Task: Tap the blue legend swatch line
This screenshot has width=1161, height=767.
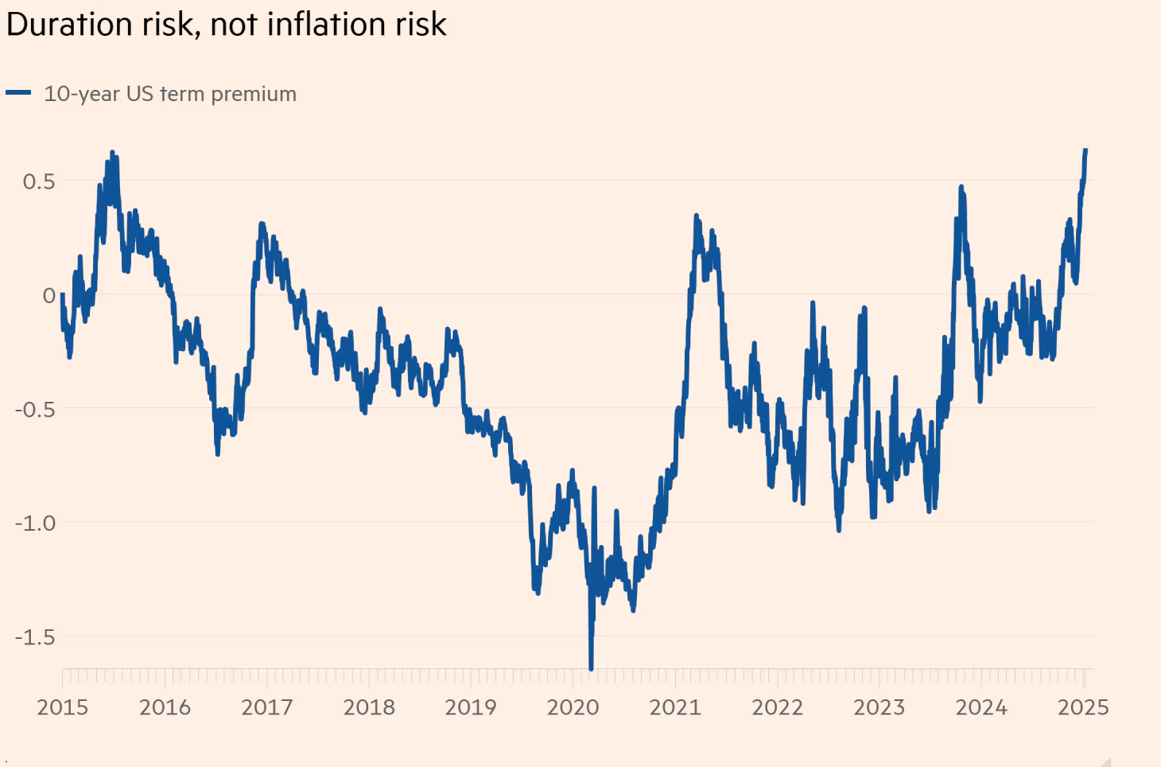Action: (x=18, y=93)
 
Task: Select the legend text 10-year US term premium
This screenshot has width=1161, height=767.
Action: (x=170, y=94)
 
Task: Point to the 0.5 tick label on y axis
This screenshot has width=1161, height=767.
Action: (x=39, y=181)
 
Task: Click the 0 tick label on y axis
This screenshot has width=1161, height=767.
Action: (x=49, y=296)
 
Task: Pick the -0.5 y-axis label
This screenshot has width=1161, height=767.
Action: (x=35, y=410)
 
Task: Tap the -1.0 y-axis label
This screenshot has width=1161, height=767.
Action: (x=35, y=524)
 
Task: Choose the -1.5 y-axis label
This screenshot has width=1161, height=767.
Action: (x=35, y=637)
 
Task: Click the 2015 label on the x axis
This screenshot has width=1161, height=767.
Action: (x=63, y=707)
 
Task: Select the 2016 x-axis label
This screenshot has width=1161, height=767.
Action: (x=165, y=707)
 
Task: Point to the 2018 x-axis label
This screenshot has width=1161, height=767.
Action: (x=369, y=707)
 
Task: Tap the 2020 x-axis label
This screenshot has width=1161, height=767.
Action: (x=573, y=707)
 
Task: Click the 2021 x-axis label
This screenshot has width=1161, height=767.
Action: (x=675, y=707)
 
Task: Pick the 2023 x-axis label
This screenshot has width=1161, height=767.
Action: (x=879, y=707)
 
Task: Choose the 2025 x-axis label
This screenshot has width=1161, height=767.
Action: (x=1083, y=707)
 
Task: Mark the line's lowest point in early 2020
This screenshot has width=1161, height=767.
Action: (x=591, y=668)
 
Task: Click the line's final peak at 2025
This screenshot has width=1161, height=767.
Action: (x=1085, y=150)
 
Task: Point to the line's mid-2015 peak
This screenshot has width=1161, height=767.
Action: (x=112, y=153)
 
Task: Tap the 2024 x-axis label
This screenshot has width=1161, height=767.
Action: (x=981, y=707)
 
